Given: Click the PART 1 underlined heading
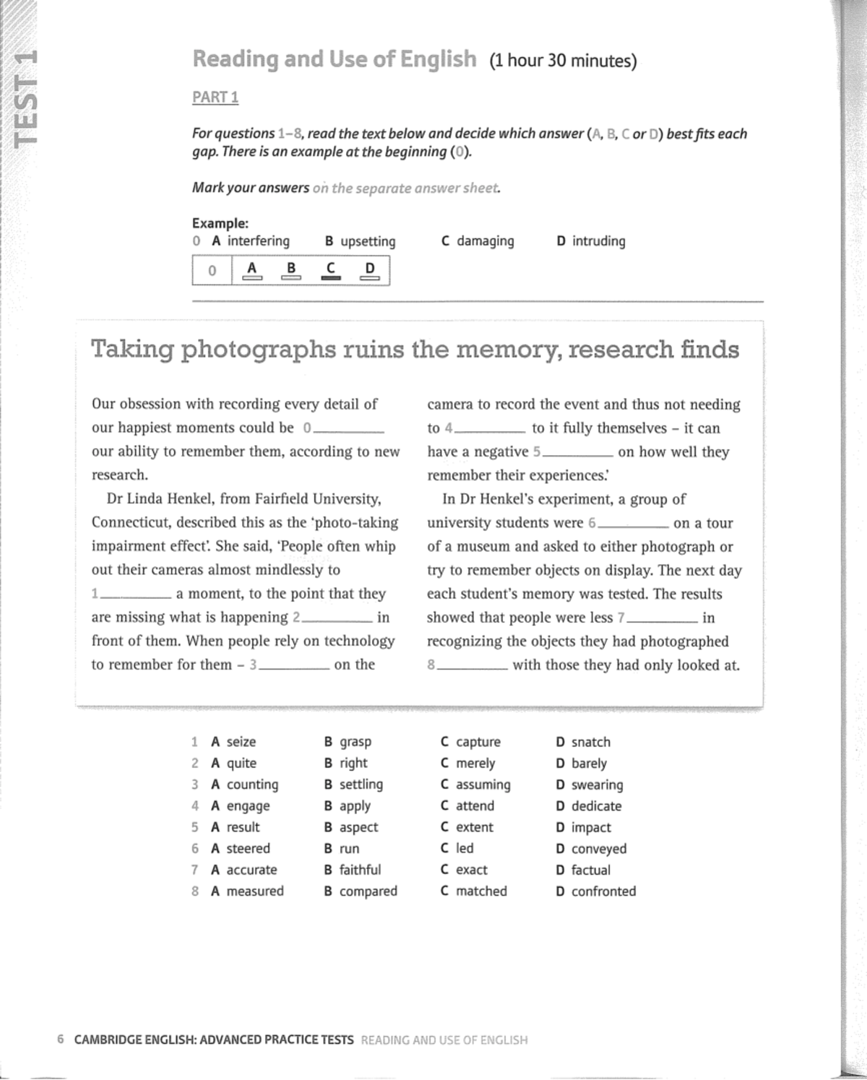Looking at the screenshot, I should click(x=215, y=97).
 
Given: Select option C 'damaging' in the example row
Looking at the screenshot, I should click(x=478, y=241).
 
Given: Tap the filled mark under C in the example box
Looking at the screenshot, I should click(x=330, y=277).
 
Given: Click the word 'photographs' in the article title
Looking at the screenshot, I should click(x=258, y=350).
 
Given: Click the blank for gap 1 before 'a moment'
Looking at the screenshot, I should click(x=136, y=595).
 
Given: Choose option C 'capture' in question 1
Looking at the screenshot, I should click(x=470, y=742).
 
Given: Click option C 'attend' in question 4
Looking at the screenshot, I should click(x=467, y=806).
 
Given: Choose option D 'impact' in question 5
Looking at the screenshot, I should click(x=583, y=827).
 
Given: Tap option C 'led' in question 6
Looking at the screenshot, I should click(x=457, y=848).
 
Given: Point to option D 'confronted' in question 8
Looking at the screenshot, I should click(x=596, y=891).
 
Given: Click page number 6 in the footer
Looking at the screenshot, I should click(x=61, y=1040).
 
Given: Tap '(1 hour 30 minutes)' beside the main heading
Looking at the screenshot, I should click(x=563, y=61).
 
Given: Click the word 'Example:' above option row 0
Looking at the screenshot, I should click(x=220, y=223).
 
